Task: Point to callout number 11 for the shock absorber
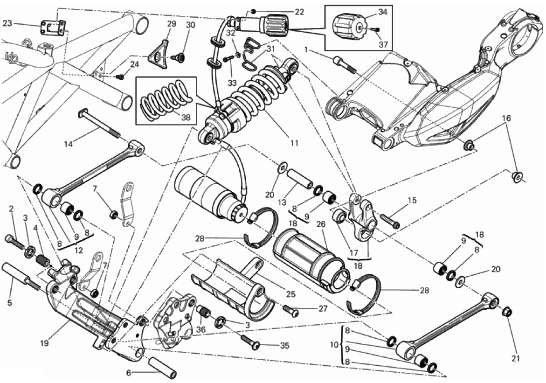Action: pyautogui.click(x=293, y=143)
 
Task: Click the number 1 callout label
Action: pyautogui.click(x=306, y=49)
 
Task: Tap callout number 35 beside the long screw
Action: pyautogui.click(x=284, y=346)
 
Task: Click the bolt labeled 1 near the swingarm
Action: pyautogui.click(x=344, y=65)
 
